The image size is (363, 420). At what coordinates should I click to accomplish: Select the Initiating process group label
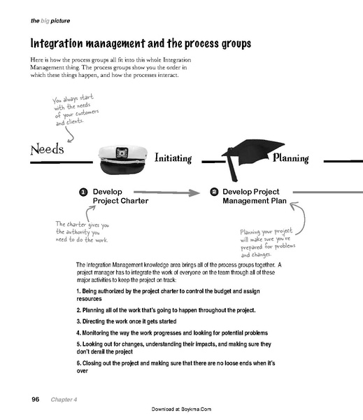(x=172, y=158)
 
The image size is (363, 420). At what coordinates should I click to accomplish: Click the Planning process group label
(x=290, y=158)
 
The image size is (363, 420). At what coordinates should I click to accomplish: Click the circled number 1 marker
(x=83, y=191)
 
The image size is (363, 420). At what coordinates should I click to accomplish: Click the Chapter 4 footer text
(x=64, y=399)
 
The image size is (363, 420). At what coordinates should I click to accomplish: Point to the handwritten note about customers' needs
(x=76, y=108)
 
